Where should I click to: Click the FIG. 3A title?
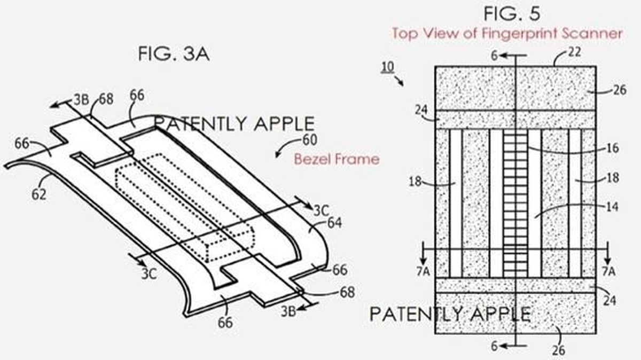click(174, 54)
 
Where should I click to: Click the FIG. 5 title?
click(512, 13)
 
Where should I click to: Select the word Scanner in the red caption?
click(591, 34)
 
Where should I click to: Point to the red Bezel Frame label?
click(337, 159)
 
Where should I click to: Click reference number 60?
click(310, 140)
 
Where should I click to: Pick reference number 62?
click(39, 194)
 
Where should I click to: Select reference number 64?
click(334, 223)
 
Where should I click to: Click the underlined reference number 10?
click(388, 67)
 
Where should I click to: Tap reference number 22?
click(574, 52)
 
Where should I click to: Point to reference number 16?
click(612, 148)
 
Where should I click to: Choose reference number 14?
click(612, 207)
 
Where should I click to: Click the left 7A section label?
click(423, 271)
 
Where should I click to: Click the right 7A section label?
click(608, 271)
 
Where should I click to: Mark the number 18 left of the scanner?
click(415, 182)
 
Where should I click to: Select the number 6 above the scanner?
click(494, 56)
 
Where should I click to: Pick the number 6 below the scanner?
click(494, 347)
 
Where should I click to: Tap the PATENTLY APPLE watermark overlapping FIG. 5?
click(450, 314)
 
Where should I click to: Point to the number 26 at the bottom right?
click(559, 350)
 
